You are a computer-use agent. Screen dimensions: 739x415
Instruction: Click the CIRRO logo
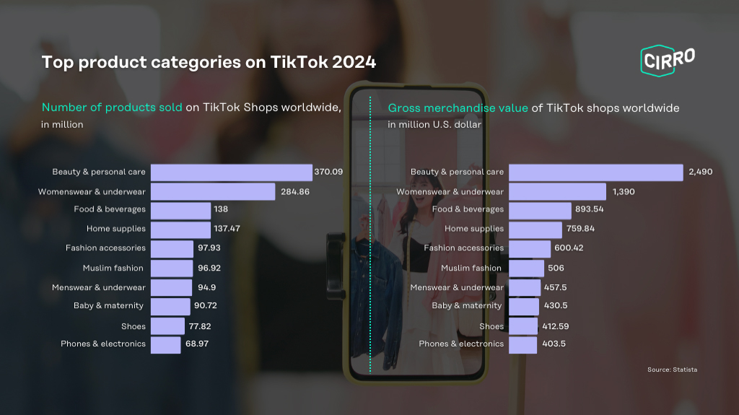pos(668,61)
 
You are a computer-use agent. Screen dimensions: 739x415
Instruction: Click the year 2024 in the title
pos(354,62)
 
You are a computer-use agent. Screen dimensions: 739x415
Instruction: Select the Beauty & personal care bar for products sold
pos(232,172)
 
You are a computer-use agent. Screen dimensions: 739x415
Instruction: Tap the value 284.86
pos(295,192)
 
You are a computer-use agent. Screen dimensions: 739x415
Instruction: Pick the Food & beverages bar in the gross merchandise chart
pos(540,211)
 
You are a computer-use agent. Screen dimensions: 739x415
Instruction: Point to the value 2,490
pos(700,172)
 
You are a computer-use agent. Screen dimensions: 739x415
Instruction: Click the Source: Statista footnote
pos(672,370)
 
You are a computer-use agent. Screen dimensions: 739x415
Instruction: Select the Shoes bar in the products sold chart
pos(167,326)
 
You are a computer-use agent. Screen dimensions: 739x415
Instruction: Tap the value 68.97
pos(197,344)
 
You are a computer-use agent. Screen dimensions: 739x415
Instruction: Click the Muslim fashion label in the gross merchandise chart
pos(471,268)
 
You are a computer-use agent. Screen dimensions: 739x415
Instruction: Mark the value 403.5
pos(554,344)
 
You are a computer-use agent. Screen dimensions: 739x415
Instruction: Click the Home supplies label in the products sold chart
pos(116,229)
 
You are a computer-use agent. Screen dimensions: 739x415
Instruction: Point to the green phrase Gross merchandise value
pos(458,108)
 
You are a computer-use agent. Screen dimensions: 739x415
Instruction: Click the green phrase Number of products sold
pos(112,108)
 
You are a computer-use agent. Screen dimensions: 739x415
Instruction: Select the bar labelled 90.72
pos(170,307)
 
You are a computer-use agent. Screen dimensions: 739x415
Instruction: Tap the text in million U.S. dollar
pos(434,124)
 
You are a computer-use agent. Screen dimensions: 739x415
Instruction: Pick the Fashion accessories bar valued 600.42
pos(530,249)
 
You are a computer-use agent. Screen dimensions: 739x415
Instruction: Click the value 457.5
pos(555,287)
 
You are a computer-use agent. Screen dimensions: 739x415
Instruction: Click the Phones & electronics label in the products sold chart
pos(102,344)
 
